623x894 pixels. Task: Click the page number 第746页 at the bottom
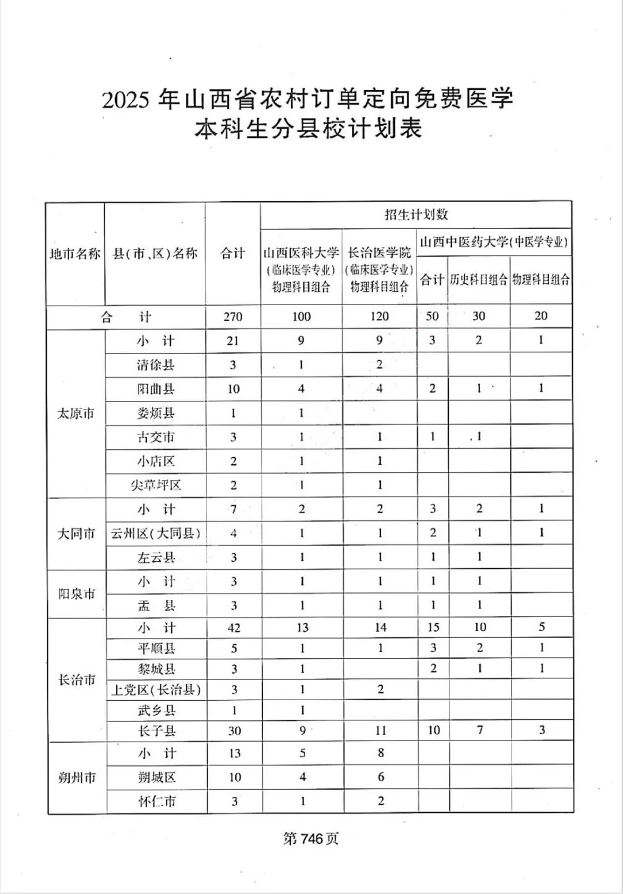310,839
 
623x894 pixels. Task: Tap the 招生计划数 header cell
416,215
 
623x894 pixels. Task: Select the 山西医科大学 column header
301,253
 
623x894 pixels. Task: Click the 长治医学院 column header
380,253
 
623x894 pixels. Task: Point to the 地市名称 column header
75,253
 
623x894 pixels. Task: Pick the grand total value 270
233,317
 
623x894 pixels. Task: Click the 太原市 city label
76,414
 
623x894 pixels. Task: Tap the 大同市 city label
76,534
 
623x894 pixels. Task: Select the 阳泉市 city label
76,594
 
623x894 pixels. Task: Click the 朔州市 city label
76,777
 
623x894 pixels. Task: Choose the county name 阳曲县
156,389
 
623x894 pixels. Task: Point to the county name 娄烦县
156,413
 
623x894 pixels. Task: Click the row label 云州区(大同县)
156,534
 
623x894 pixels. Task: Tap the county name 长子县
156,731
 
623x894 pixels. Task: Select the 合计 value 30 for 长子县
234,731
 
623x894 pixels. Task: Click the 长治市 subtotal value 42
234,628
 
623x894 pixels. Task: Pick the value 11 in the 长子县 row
381,731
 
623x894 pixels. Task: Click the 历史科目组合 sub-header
479,280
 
